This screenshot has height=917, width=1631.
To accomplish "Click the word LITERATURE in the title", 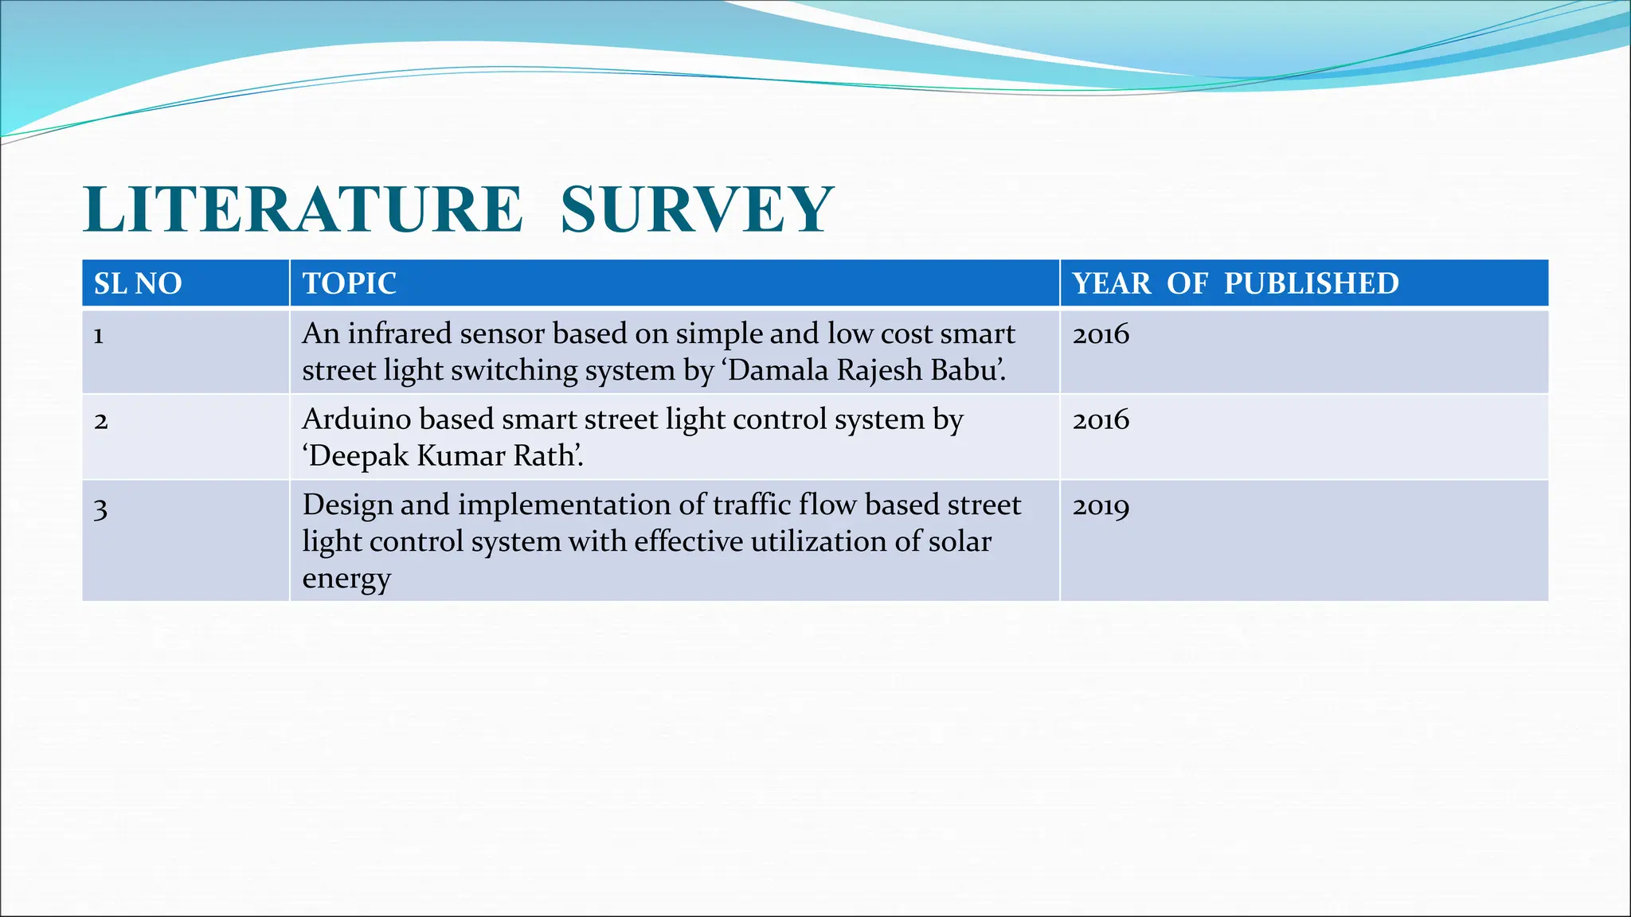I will click(x=303, y=209).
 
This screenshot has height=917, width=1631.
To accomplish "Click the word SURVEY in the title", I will click(x=697, y=209).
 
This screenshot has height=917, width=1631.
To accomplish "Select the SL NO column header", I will click(x=138, y=283).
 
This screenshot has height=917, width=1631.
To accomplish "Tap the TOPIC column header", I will click(x=349, y=283).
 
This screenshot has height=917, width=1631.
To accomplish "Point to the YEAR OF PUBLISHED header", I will click(x=1235, y=283).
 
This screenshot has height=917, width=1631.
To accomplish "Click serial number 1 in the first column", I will click(x=99, y=335).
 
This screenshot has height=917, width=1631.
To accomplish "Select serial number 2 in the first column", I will click(x=100, y=421).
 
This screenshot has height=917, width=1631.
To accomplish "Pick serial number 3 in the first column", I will click(x=100, y=507).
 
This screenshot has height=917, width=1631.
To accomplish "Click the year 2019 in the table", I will click(x=1101, y=506).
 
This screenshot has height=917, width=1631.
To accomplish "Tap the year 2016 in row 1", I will click(x=1101, y=334).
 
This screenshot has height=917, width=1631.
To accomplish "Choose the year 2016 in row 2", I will click(x=1101, y=420).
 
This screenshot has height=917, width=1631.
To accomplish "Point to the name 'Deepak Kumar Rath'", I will click(x=442, y=457).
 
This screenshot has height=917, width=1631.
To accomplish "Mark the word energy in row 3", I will click(x=346, y=579).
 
